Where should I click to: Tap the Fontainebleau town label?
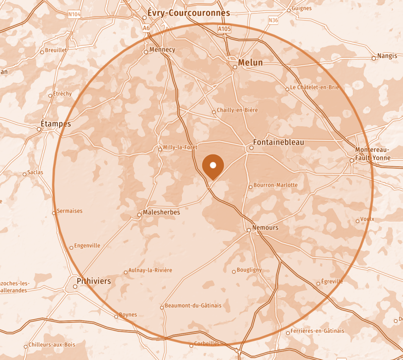pyautogui.click(x=279, y=142)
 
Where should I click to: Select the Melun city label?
pyautogui.click(x=250, y=62)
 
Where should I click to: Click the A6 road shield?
pyautogui.click(x=146, y=28)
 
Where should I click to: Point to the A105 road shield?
pyautogui.click(x=224, y=30)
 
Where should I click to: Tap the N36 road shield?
pyautogui.click(x=273, y=20)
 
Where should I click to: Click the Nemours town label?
pyautogui.click(x=265, y=228)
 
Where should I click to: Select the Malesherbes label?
pyautogui.click(x=161, y=212)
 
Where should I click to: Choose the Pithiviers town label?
pyautogui.click(x=94, y=281)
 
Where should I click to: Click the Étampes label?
pyautogui.click(x=55, y=124)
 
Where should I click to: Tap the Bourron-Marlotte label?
pyautogui.click(x=276, y=185)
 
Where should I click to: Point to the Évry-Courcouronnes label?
pyautogui.click(x=188, y=13)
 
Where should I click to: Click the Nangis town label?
pyautogui.click(x=387, y=56)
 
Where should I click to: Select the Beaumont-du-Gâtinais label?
pyautogui.click(x=193, y=306)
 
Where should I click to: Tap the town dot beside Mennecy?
pyautogui.click(x=146, y=51)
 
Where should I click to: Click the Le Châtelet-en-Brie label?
pyautogui.click(x=314, y=87)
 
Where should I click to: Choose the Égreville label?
pyautogui.click(x=332, y=281)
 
